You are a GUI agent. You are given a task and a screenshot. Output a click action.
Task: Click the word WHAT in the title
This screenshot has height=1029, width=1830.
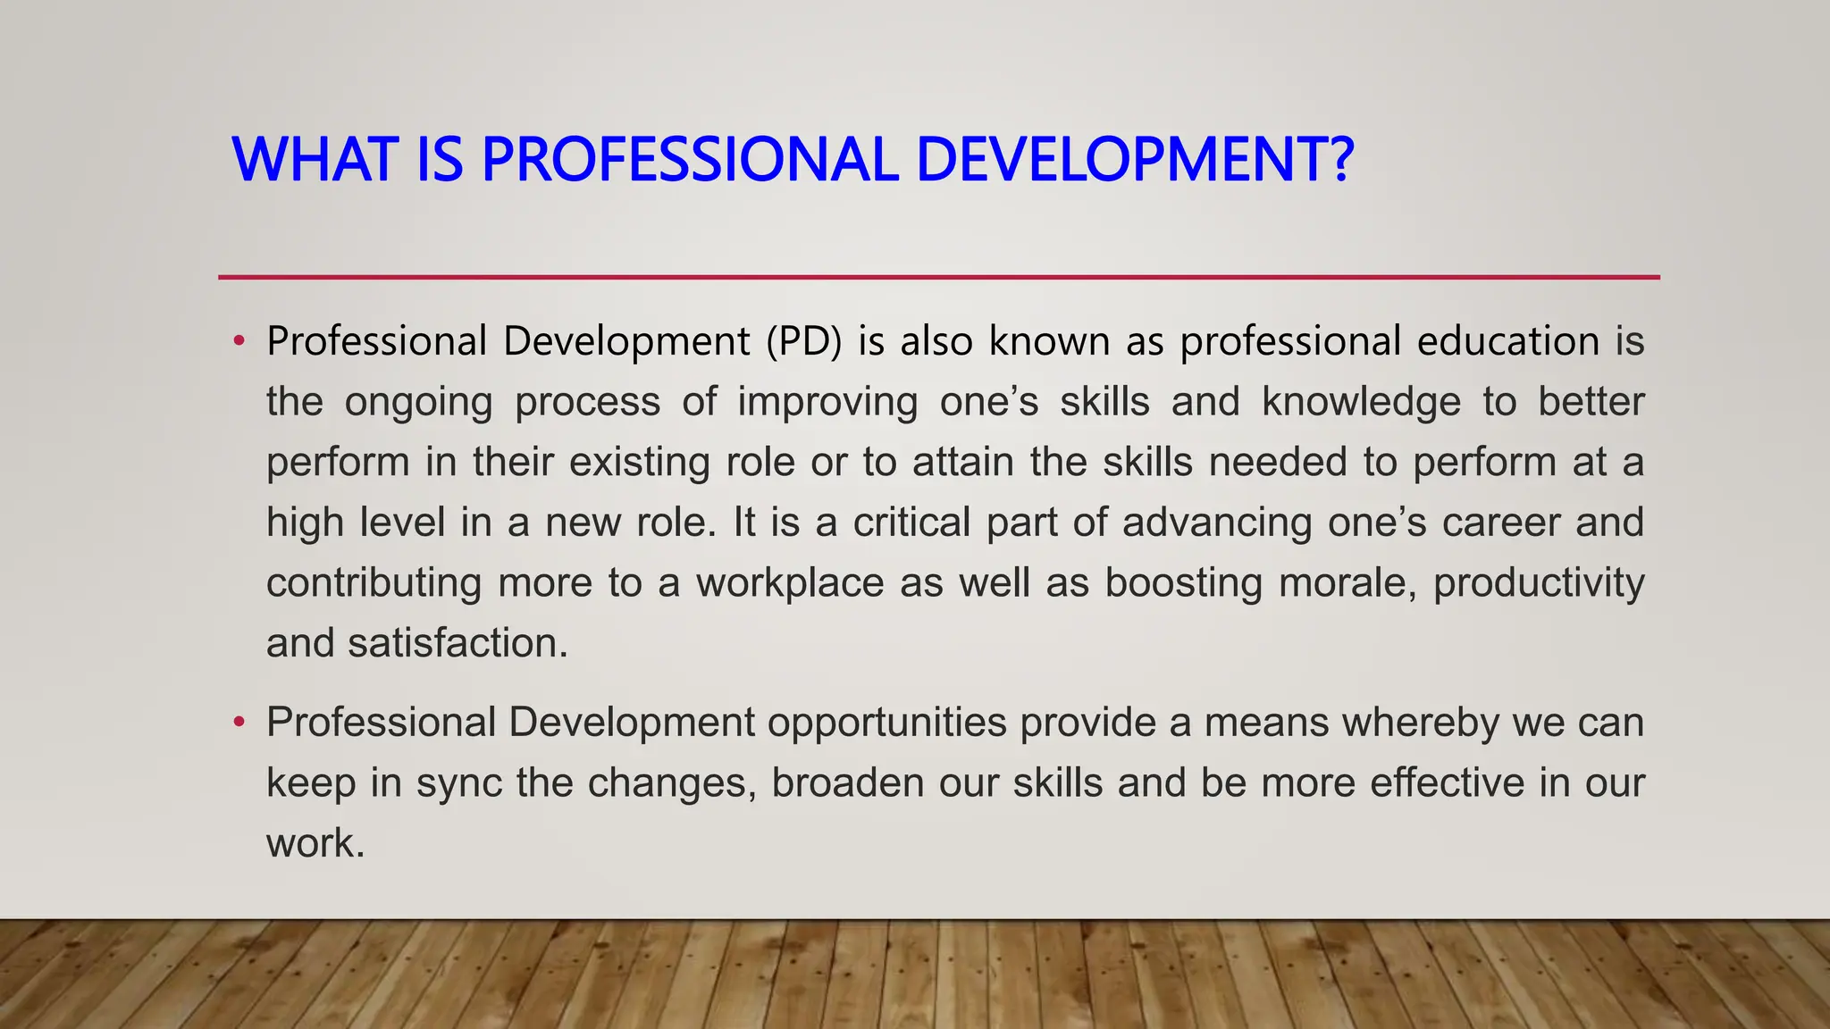(x=313, y=160)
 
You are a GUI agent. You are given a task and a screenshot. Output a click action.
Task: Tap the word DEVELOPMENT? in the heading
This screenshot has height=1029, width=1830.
(x=1135, y=160)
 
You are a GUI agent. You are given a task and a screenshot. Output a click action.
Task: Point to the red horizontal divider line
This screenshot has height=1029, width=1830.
(x=938, y=277)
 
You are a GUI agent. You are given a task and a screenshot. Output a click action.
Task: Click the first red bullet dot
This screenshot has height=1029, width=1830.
(x=238, y=341)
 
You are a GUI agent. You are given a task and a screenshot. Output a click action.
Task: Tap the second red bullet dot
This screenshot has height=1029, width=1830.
(x=238, y=722)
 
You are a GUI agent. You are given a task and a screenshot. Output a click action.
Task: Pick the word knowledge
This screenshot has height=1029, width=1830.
(x=1361, y=402)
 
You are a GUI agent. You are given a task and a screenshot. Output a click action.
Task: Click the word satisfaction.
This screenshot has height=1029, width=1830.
(x=457, y=643)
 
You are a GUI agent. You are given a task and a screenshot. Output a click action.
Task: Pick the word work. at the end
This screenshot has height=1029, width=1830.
(x=315, y=843)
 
